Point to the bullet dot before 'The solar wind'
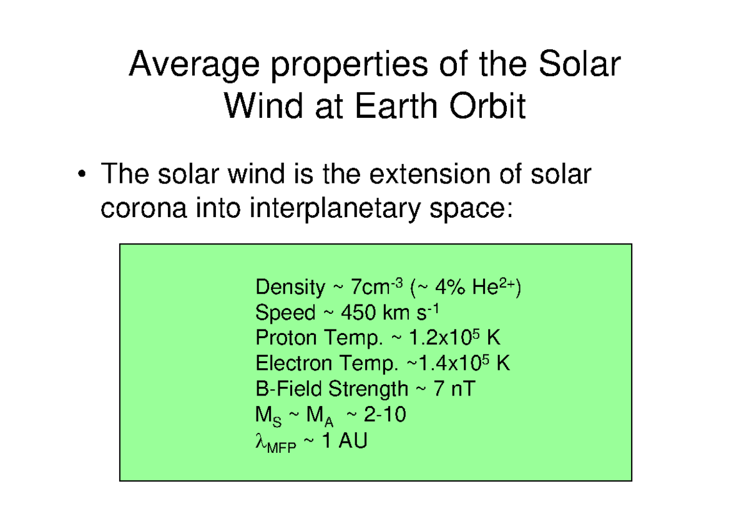pyautogui.click(x=82, y=175)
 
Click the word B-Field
pyautogui.click(x=289, y=389)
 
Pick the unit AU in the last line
pyautogui.click(x=354, y=441)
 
